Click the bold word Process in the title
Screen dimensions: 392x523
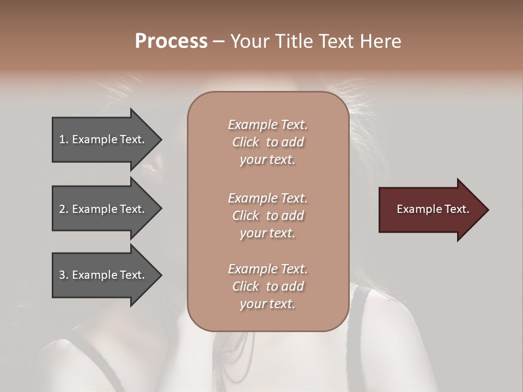pos(171,41)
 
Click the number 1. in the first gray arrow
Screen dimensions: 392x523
pos(64,139)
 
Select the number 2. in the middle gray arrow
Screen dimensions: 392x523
pos(64,209)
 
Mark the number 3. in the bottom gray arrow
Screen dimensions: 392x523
pos(64,275)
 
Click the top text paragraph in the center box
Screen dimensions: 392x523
pos(267,142)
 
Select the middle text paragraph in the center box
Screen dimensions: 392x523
pos(267,216)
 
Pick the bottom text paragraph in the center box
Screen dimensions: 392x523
pos(267,286)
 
